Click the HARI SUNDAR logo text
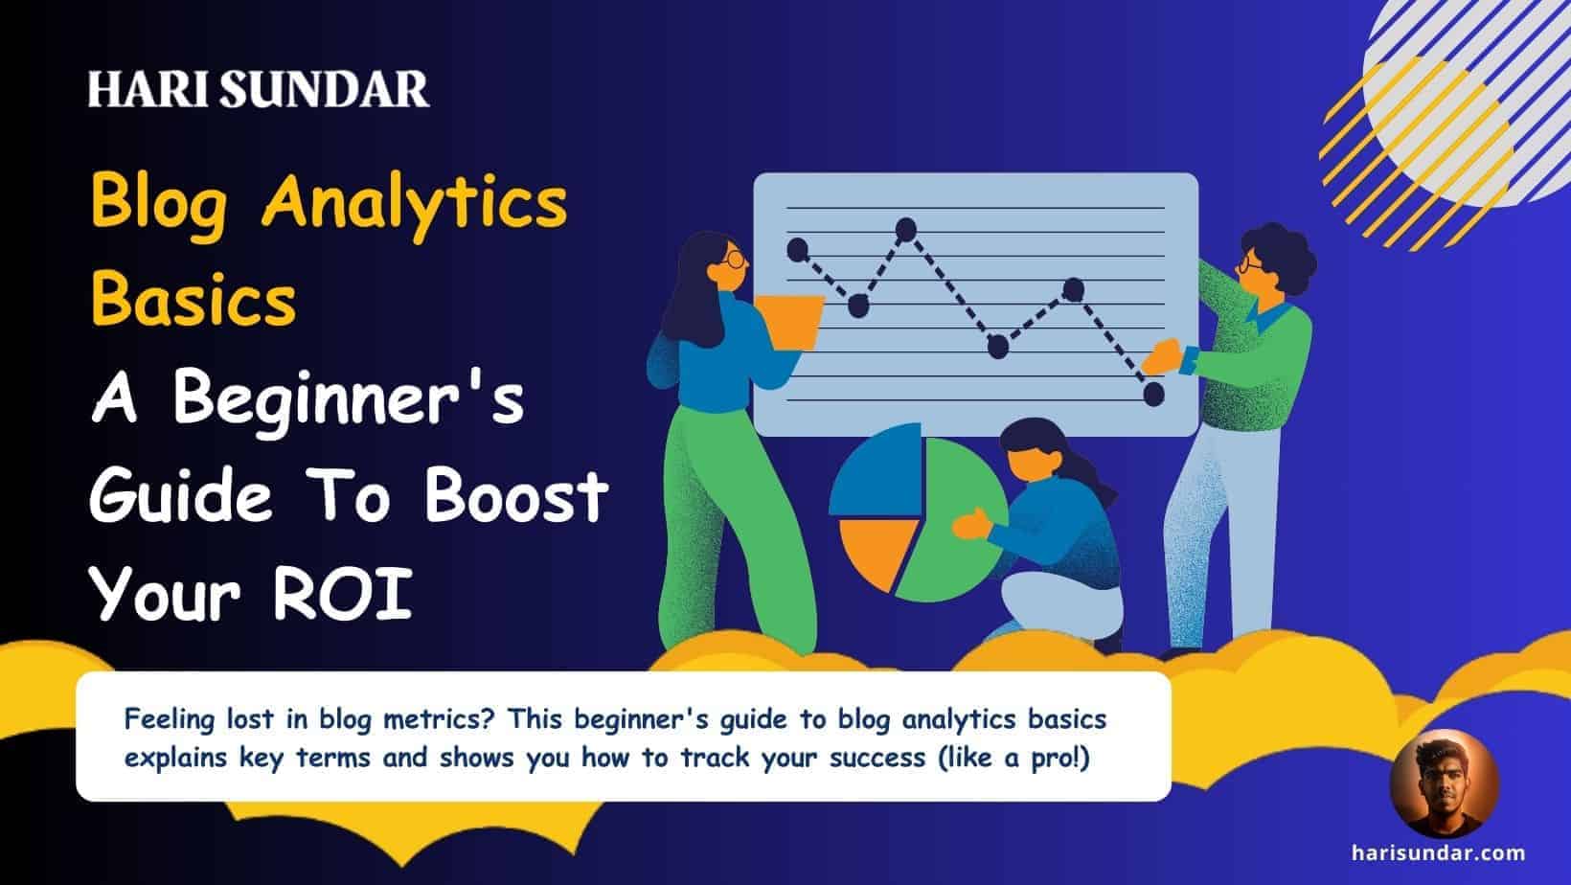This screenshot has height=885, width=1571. click(x=258, y=89)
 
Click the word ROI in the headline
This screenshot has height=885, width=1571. click(x=342, y=593)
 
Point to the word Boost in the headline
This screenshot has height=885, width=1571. click(x=516, y=495)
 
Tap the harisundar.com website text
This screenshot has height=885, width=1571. click(x=1439, y=852)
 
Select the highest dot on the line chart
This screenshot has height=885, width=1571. click(x=906, y=229)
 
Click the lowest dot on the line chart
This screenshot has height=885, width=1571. click(x=1153, y=394)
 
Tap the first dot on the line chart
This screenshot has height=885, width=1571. click(x=797, y=249)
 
